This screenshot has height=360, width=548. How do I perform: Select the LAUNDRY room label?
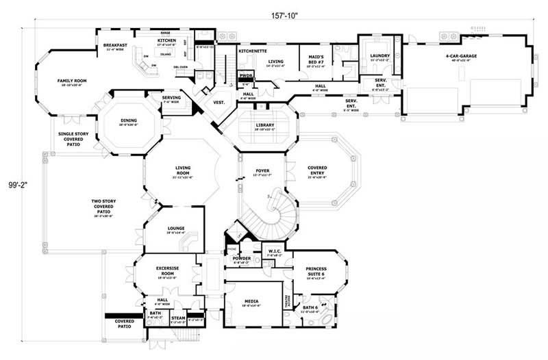coord(379,56)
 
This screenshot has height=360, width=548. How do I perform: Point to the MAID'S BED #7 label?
coord(316,60)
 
